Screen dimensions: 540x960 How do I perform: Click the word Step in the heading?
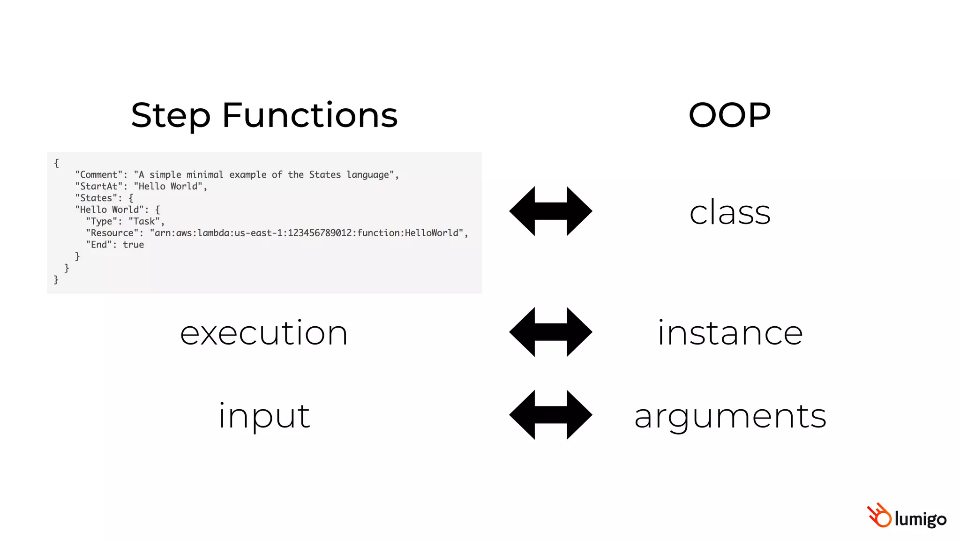tap(171, 116)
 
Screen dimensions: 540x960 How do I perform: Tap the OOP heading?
tap(729, 115)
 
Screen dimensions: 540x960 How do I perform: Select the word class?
tap(730, 212)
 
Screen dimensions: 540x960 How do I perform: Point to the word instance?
tap(730, 333)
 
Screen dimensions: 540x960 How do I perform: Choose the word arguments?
tap(730, 416)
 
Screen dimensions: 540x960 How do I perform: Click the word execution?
tap(264, 333)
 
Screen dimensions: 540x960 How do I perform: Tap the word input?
tap(264, 416)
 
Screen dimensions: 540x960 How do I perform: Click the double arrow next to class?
tap(550, 211)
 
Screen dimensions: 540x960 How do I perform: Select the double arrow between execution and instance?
tap(550, 332)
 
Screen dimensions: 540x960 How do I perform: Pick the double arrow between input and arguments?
tap(550, 415)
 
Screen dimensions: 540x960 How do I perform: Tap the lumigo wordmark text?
tap(920, 519)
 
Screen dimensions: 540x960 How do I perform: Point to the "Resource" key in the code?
tap(112, 233)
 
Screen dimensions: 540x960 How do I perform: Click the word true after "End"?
tap(134, 245)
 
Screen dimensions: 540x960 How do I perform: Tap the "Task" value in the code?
tap(144, 221)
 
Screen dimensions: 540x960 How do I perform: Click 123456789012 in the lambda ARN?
tap(319, 233)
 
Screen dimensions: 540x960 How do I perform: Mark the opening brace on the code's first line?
tap(57, 163)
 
